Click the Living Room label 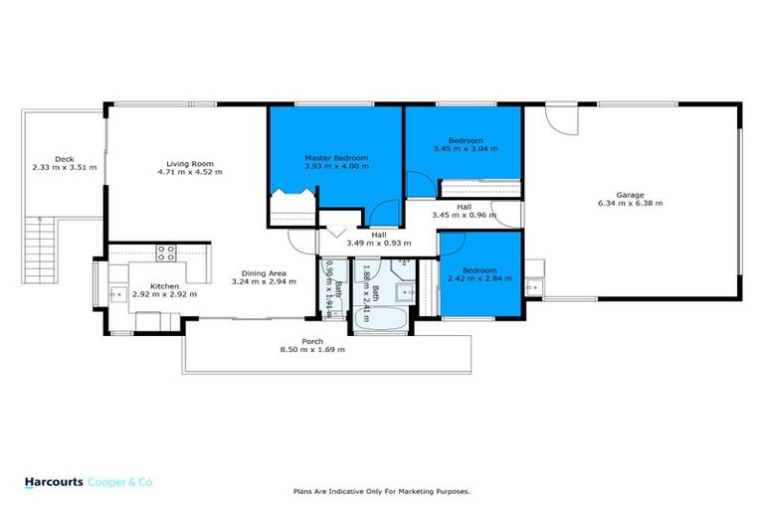189,164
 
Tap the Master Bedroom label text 335,158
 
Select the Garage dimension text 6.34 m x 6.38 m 630,203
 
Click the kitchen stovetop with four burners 166,253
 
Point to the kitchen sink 116,293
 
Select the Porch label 313,342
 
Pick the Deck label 65,159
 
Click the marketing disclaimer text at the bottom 381,491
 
